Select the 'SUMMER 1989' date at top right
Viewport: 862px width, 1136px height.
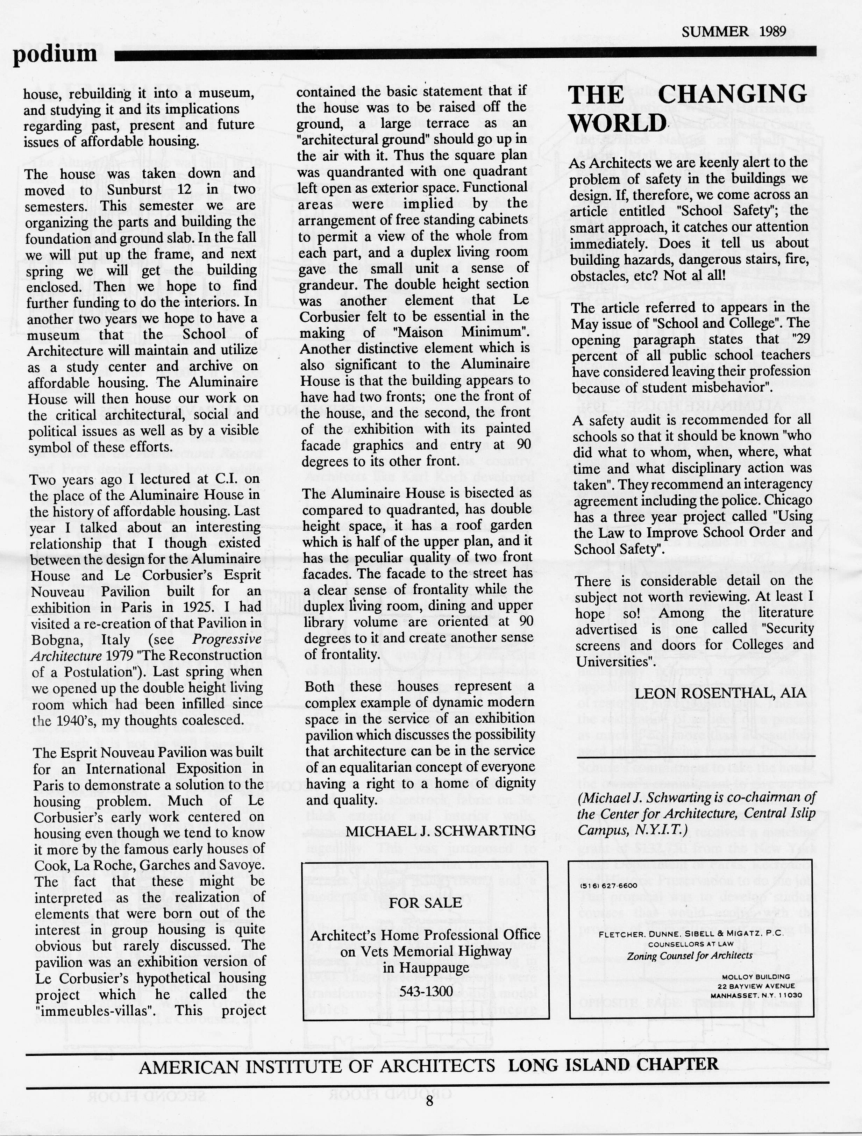[x=734, y=32]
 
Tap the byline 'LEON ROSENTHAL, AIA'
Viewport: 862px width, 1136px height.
[x=720, y=693]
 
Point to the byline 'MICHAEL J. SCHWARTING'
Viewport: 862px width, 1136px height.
[x=440, y=830]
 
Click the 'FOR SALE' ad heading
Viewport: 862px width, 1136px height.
[x=425, y=903]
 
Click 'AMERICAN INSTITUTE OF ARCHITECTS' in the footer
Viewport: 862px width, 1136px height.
[x=317, y=1068]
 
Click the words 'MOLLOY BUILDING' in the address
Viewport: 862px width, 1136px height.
[x=756, y=977]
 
